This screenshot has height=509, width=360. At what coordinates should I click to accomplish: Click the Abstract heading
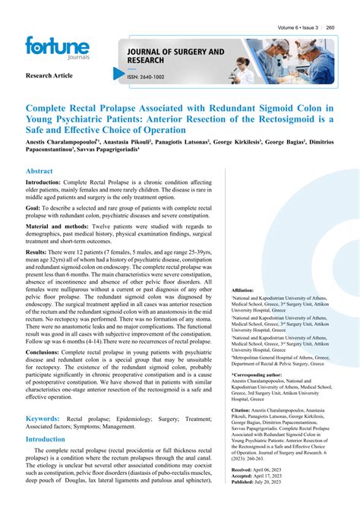pyautogui.click(x=40, y=171)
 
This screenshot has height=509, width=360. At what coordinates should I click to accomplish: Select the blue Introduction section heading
pyautogui.click(x=46, y=439)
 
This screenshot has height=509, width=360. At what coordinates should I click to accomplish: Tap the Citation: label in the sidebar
pyautogui.click(x=245, y=409)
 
